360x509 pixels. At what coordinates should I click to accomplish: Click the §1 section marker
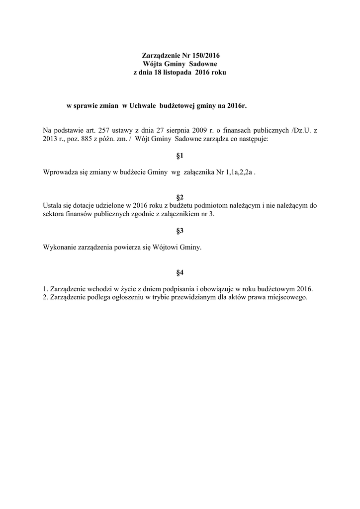click(x=180, y=156)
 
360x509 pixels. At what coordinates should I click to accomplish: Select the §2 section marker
click(x=180, y=197)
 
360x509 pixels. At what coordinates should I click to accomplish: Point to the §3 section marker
click(x=180, y=231)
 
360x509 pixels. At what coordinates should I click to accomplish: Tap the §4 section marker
click(x=180, y=272)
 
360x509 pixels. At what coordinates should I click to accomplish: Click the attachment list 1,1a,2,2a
click(x=238, y=172)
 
